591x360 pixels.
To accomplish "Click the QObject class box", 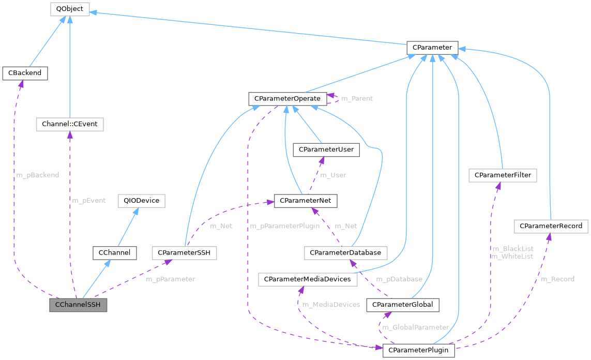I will (70, 9).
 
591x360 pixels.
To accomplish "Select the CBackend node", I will (25, 73).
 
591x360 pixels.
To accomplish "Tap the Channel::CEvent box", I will (70, 124).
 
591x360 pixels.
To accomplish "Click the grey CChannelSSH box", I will (78, 305).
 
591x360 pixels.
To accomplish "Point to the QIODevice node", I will (141, 201).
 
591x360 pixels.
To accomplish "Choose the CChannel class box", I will (114, 253).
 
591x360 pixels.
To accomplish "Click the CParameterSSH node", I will (185, 253).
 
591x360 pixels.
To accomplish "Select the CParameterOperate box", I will (287, 98).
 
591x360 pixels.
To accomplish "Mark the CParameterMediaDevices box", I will (308, 279).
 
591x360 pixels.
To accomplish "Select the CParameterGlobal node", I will (403, 305).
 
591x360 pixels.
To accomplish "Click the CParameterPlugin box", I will (419, 351).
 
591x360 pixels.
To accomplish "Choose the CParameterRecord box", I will (551, 226).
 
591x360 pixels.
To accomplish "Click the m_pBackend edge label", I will (37, 175).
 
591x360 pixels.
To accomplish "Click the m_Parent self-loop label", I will (357, 98).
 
